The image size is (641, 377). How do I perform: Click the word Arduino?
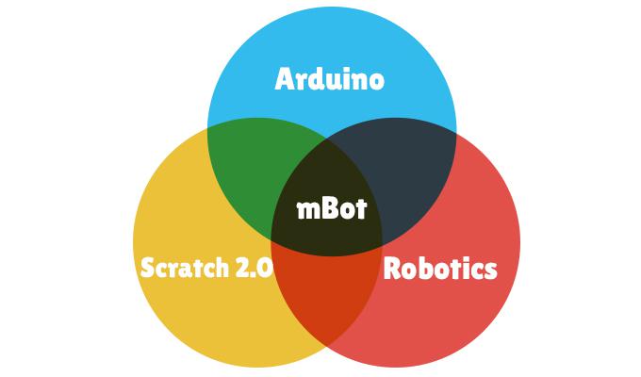[330, 79]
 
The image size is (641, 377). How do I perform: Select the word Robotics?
[440, 269]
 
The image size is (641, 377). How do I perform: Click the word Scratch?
[182, 269]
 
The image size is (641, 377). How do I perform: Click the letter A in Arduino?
[285, 79]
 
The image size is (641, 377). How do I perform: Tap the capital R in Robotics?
[395, 269]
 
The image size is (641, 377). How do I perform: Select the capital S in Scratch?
[147, 269]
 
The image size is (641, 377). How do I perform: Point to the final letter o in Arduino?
[376, 81]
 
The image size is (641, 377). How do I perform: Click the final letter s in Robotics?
[490, 270]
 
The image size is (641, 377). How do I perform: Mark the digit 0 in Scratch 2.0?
[265, 269]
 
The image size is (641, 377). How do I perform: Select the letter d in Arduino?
[315, 79]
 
